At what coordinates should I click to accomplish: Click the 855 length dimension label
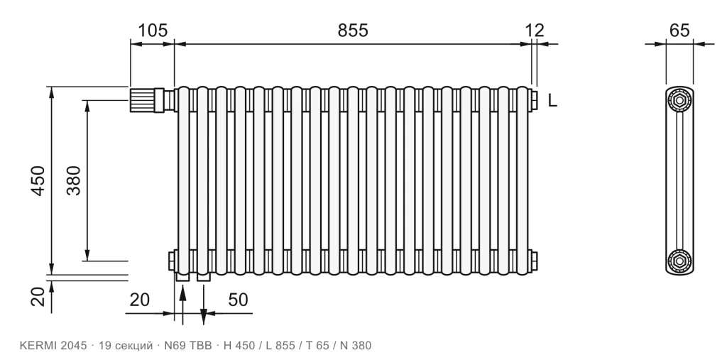coord(352,31)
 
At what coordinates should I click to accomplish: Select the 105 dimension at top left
coord(153,31)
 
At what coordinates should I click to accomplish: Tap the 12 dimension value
coord(535,31)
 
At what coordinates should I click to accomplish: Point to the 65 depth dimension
coord(679,31)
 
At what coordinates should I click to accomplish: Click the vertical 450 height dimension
coord(38,180)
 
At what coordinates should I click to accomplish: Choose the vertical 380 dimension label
coord(73,180)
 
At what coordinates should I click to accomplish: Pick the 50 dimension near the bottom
coord(238,300)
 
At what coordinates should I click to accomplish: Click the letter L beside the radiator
coord(552,100)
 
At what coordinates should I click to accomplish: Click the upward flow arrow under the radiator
coord(182,305)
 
